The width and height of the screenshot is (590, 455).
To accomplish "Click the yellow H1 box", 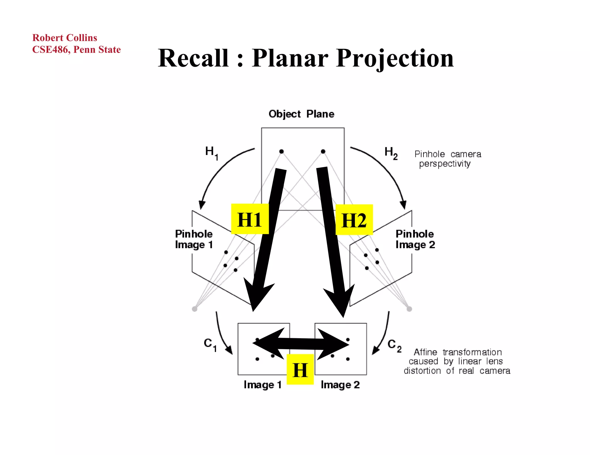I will [250, 219].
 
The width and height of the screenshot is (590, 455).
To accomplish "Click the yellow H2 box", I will [354, 220].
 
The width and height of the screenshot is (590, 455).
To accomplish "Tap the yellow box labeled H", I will [300, 370].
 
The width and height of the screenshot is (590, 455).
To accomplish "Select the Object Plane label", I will [301, 114].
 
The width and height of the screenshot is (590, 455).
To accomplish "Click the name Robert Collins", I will [65, 38].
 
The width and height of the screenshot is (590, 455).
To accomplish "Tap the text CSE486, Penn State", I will [76, 49].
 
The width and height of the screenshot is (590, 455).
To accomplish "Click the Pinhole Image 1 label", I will [194, 239].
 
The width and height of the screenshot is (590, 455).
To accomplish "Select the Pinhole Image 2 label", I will [415, 239].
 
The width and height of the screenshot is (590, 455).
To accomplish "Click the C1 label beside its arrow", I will [210, 344].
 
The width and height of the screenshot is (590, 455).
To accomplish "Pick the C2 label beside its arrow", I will [394, 345].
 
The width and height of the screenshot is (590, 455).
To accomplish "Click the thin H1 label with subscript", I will [211, 152].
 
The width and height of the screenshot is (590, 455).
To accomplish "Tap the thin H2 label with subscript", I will [391, 152].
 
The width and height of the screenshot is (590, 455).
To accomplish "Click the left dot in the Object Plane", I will [281, 152].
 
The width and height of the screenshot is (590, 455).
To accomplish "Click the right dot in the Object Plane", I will [323, 152].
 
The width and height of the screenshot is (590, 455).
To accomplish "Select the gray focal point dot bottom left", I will [194, 309].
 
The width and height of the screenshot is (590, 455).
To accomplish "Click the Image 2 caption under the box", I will [340, 385].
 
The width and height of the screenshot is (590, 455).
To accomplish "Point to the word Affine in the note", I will [425, 352].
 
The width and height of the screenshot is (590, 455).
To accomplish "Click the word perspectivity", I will [445, 164].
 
